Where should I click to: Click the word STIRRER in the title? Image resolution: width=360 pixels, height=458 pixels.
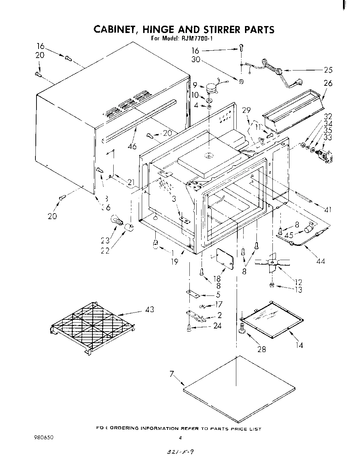tap(216, 29)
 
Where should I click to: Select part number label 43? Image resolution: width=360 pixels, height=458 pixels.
tap(150, 309)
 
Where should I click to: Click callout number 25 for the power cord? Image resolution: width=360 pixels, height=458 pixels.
tap(328, 70)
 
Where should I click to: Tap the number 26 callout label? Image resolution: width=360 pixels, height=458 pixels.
tap(328, 83)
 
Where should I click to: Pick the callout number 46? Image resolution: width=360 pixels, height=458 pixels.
tap(132, 146)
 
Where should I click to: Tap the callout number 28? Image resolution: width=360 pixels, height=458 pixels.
tap(261, 349)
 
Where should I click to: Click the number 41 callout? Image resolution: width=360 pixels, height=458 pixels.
tap(327, 209)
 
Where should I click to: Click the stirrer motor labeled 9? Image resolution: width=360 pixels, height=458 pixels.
tap(211, 88)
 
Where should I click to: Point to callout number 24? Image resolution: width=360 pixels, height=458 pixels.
tap(217, 326)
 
